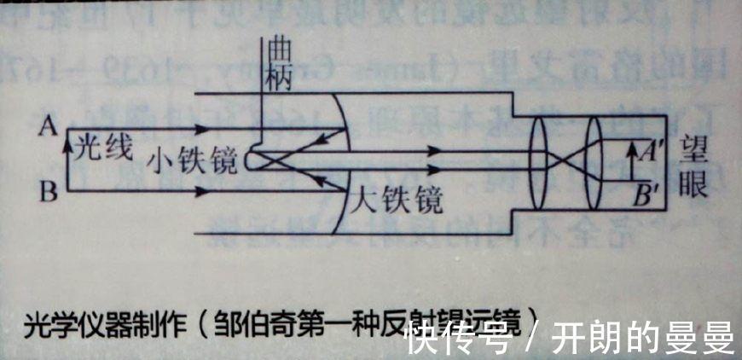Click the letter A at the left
[x=48, y=127]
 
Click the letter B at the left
[x=49, y=193]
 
